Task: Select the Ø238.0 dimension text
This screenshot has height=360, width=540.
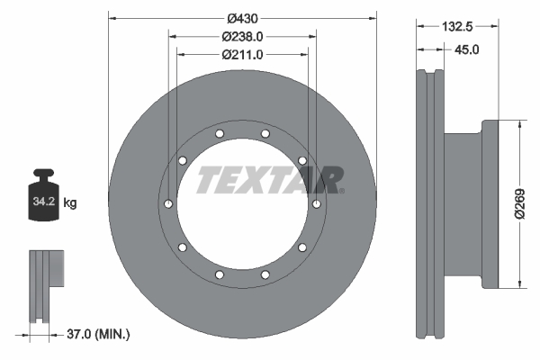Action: click(241, 37)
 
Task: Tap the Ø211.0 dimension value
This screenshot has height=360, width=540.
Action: click(241, 55)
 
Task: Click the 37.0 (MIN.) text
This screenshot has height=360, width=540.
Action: click(98, 335)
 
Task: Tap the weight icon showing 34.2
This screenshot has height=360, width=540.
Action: click(45, 193)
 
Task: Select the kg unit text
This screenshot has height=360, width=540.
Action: click(70, 203)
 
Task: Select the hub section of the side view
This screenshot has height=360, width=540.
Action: click(468, 204)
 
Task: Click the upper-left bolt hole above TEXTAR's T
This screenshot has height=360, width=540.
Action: click(183, 161)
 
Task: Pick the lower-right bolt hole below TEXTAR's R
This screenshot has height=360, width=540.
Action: click(301, 247)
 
